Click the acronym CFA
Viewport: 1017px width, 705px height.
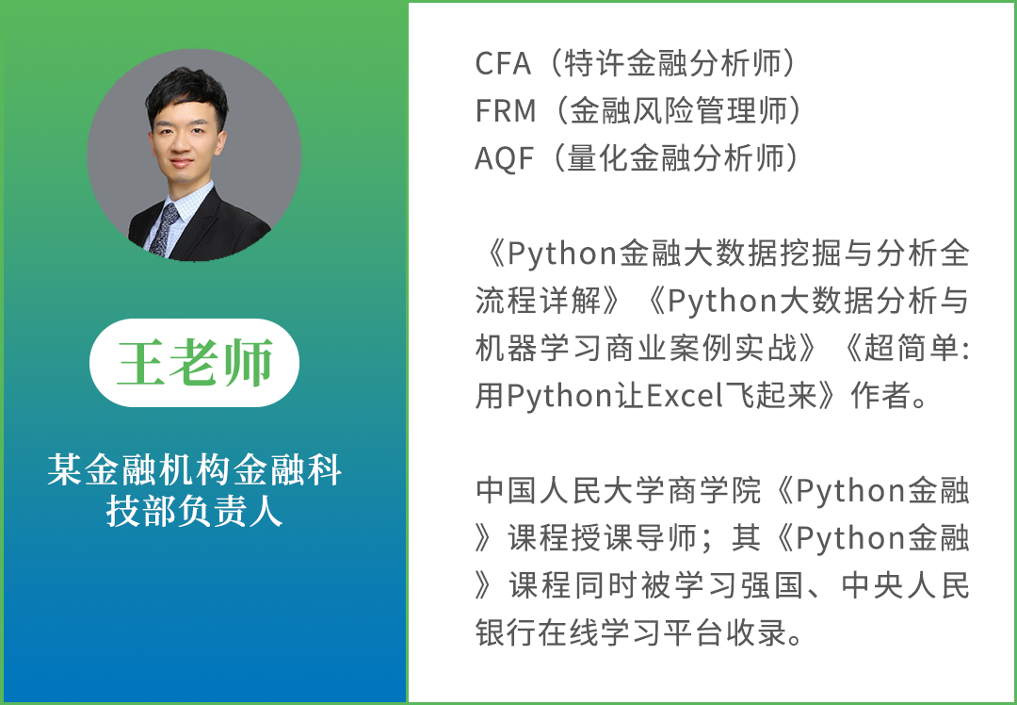(x=503, y=63)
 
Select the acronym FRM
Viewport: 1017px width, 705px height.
(x=506, y=111)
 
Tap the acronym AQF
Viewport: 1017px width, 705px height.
(x=504, y=158)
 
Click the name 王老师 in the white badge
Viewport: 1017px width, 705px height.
(x=194, y=362)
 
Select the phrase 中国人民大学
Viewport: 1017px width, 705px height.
(x=571, y=490)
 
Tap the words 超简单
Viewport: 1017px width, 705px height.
(x=911, y=348)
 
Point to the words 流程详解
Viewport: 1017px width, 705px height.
(x=539, y=301)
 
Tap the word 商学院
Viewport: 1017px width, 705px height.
(x=714, y=490)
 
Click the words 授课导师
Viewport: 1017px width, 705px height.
(x=635, y=537)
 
